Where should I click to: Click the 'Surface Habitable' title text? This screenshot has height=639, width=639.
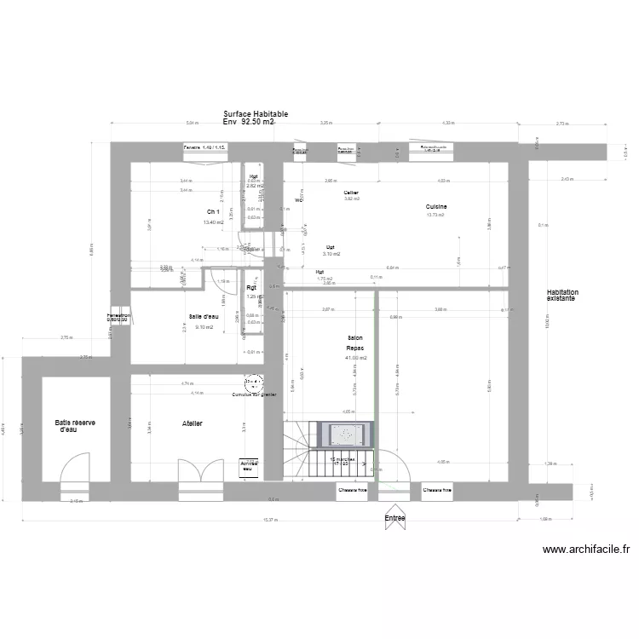256,113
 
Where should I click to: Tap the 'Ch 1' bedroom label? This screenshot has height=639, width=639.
213,212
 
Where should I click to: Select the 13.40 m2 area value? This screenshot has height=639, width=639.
213,223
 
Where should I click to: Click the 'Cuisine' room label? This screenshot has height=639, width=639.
436,207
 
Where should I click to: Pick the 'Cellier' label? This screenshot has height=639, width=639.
351,193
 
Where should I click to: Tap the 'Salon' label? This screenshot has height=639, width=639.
355,338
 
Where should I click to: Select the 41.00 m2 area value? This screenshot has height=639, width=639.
355,359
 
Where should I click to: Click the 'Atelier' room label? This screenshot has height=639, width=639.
193,423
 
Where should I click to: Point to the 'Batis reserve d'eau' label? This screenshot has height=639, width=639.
74,426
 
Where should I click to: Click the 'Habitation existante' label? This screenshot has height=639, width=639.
561,296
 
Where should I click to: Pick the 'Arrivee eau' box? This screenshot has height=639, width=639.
248,466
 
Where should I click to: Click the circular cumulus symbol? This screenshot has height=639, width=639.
254,383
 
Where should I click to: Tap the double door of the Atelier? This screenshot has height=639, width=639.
195,474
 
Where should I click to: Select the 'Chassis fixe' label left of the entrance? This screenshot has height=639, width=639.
353,490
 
